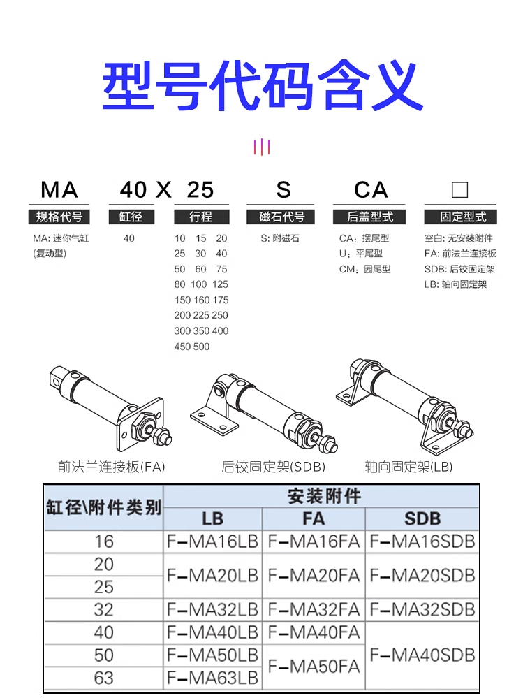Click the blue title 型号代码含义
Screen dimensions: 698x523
click(x=262, y=87)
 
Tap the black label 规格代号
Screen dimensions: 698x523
click(x=59, y=217)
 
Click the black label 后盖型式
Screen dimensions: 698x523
click(x=370, y=217)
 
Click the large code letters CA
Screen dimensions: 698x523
click(x=370, y=190)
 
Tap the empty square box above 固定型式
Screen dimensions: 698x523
click(x=459, y=190)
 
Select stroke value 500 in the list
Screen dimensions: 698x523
click(x=201, y=347)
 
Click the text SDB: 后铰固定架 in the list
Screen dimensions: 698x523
click(x=459, y=269)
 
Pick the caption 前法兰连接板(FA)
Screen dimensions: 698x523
click(x=112, y=467)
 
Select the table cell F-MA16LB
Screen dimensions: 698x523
click(x=212, y=541)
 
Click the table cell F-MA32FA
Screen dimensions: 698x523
click(x=314, y=609)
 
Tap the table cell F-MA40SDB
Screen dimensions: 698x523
click(x=422, y=655)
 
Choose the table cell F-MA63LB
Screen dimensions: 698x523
click(x=212, y=677)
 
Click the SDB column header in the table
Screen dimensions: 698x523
click(x=422, y=518)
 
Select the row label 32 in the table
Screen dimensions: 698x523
click(x=103, y=609)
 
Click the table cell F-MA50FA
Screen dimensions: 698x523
click(x=314, y=666)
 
